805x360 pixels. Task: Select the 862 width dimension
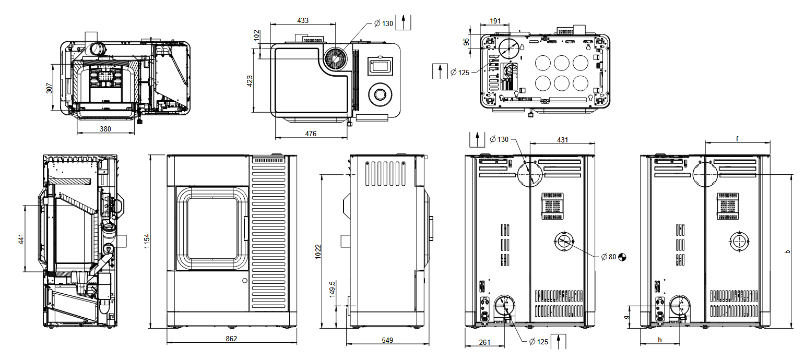click(231, 339)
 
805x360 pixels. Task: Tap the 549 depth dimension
click(387, 340)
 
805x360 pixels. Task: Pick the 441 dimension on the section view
click(21, 239)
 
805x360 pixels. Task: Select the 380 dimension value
click(105, 129)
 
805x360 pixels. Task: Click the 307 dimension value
click(50, 87)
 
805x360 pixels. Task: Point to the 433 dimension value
click(303, 20)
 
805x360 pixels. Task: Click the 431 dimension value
click(562, 140)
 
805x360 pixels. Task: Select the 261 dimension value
click(484, 342)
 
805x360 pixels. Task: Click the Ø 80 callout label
click(609, 257)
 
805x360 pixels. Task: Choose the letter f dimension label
click(737, 139)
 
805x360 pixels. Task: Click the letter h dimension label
click(660, 340)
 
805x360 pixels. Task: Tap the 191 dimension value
click(495, 21)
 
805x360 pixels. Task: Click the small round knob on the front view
click(244, 281)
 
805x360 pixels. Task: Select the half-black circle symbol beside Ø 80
click(622, 257)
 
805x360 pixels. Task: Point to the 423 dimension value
click(250, 81)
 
